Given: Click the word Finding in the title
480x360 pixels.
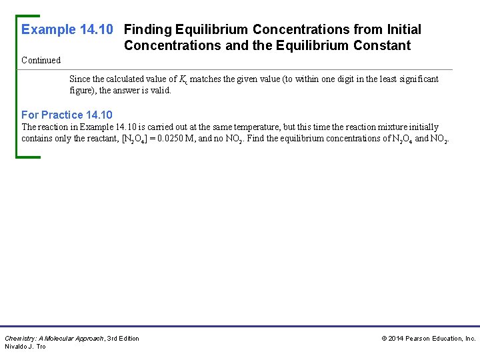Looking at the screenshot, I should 148,30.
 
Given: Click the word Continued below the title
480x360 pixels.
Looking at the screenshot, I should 41,61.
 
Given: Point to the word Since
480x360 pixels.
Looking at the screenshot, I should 80,79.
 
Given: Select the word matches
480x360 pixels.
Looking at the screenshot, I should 205,79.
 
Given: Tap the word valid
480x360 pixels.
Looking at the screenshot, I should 161,91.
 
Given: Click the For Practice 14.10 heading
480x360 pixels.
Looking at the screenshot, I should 67,115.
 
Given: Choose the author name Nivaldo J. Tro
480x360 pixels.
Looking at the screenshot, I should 25,347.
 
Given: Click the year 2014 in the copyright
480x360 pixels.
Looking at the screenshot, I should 397,339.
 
